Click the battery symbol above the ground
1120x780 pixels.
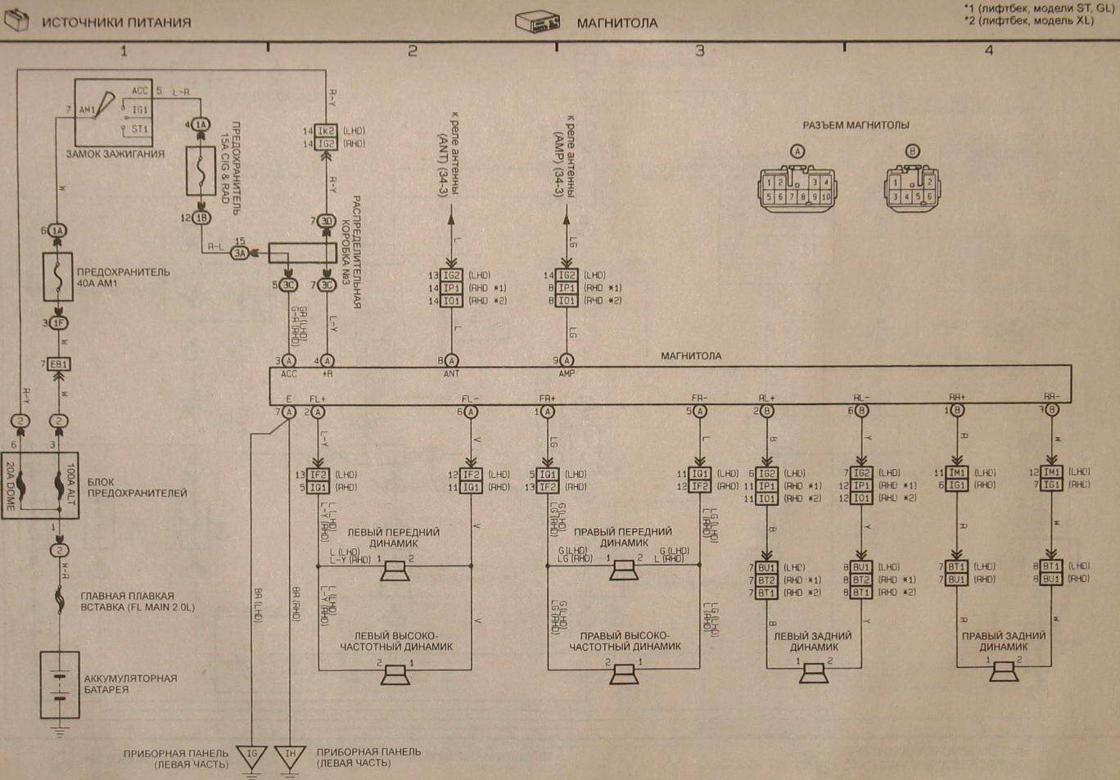(x=60, y=685)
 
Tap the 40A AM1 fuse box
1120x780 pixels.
(x=58, y=277)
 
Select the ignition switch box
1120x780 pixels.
(x=113, y=112)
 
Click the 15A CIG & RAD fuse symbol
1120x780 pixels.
(x=201, y=171)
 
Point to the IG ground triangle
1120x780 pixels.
(x=251, y=755)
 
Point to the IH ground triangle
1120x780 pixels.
(x=290, y=755)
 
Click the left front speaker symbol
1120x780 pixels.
(x=395, y=570)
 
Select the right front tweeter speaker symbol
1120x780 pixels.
(x=624, y=674)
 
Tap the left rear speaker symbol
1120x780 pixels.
(x=814, y=673)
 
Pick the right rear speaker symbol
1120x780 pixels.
(x=1004, y=672)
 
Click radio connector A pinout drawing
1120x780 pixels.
(x=797, y=189)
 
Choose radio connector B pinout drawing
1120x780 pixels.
(x=912, y=189)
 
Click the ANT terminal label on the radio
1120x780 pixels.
(x=451, y=374)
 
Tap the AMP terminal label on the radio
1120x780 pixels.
(x=567, y=374)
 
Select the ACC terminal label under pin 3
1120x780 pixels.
(x=289, y=374)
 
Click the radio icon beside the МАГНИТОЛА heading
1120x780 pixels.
(x=538, y=22)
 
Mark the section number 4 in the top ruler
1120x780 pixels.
(x=988, y=51)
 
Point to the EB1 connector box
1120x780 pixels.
(x=58, y=364)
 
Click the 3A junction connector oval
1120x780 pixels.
(x=239, y=254)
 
